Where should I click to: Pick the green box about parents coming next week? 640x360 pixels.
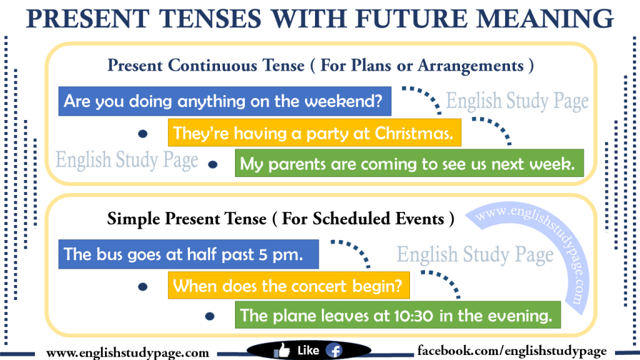(x=409, y=165)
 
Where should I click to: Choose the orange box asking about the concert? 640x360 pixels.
(x=289, y=286)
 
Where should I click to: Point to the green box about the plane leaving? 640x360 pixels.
(x=397, y=316)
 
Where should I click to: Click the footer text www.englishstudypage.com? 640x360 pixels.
(x=127, y=352)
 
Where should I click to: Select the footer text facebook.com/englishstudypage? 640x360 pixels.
(x=512, y=351)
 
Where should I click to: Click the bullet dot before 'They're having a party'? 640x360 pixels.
(x=142, y=134)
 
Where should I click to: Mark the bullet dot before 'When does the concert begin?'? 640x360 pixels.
(x=142, y=287)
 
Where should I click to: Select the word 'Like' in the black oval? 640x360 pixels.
(x=308, y=351)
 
